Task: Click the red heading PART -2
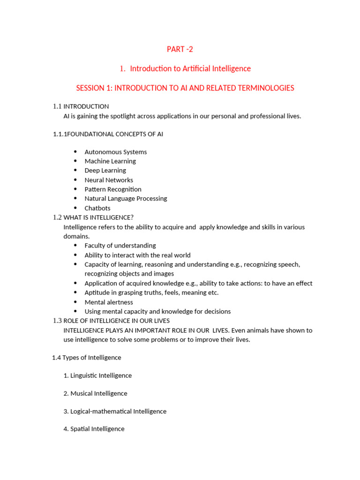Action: pos(180,49)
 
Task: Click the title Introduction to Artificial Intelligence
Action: pos(190,68)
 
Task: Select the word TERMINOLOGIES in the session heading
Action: pos(264,88)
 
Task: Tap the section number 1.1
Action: pos(57,106)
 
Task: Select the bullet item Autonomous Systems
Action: pos(115,152)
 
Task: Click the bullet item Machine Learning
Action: pos(110,161)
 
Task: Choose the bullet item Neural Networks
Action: pos(109,180)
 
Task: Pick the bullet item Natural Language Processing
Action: pos(126,198)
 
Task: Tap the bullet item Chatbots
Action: pos(97,208)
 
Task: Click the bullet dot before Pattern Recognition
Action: pos(75,189)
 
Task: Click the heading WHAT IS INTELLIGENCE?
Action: pos(98,217)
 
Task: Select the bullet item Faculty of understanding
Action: pos(120,245)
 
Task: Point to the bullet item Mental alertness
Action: pos(109,302)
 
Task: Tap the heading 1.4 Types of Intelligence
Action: pos(86,357)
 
